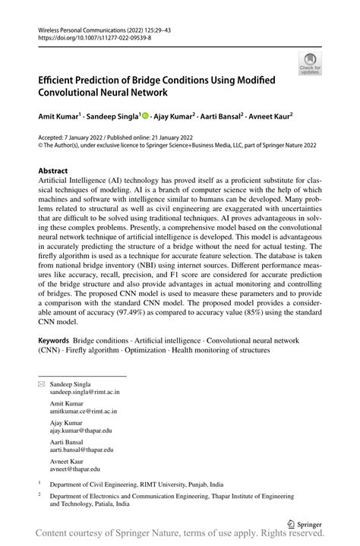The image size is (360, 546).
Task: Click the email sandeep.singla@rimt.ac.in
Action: tap(85, 393)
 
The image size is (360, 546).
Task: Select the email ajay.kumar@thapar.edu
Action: tap(83, 431)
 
